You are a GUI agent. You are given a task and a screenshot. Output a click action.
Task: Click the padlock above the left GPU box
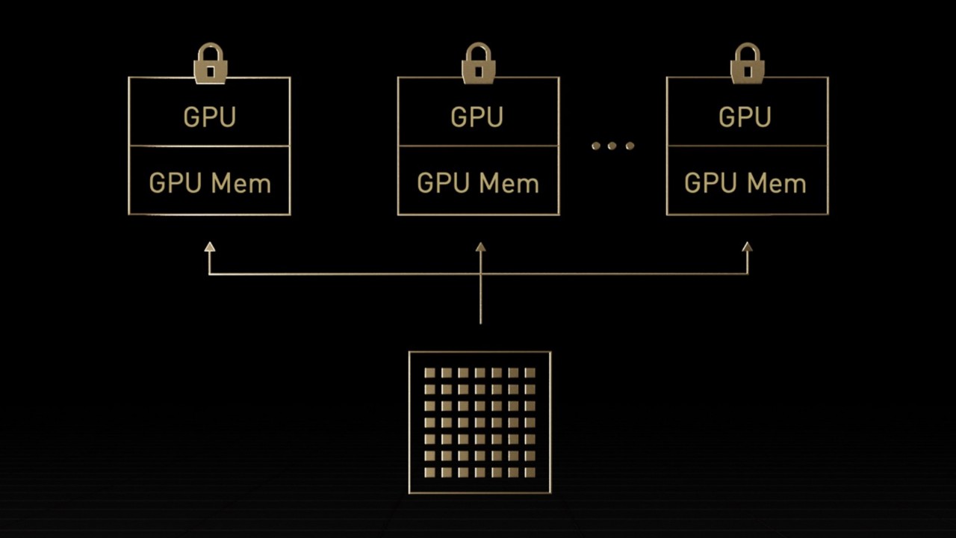211,64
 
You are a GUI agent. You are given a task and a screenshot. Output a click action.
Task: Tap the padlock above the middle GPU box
479,64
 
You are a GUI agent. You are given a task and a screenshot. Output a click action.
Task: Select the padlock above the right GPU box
747,64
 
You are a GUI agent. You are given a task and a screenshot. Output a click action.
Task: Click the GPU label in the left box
209,117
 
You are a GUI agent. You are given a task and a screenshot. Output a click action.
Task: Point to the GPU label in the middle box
477,117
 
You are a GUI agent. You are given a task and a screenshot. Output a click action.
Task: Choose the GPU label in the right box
745,117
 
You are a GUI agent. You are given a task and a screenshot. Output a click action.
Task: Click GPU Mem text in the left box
210,184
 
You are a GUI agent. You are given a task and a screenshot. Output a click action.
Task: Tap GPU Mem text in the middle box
478,184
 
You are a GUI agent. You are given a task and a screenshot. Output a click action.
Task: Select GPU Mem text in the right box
745,184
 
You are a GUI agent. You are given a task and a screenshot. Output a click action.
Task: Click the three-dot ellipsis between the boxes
612,146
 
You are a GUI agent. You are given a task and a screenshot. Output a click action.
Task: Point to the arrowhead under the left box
210,247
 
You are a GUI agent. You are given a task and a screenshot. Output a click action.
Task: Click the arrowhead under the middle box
480,247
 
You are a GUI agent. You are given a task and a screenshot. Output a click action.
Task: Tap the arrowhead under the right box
748,247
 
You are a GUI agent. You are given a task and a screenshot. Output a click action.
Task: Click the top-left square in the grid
429,372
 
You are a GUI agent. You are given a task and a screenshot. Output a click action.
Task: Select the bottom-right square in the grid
530,472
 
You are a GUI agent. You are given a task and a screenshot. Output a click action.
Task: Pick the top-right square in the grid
530,372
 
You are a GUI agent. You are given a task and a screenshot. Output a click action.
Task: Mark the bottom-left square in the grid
429,472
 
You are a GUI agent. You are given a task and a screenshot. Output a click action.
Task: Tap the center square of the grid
479,422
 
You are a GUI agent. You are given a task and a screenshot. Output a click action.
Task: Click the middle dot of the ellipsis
612,146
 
